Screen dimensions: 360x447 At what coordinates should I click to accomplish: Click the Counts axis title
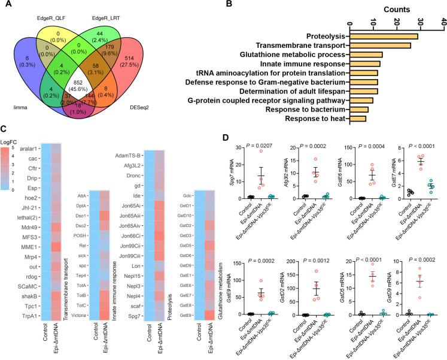396,10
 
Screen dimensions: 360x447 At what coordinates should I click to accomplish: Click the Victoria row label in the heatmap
81,315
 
